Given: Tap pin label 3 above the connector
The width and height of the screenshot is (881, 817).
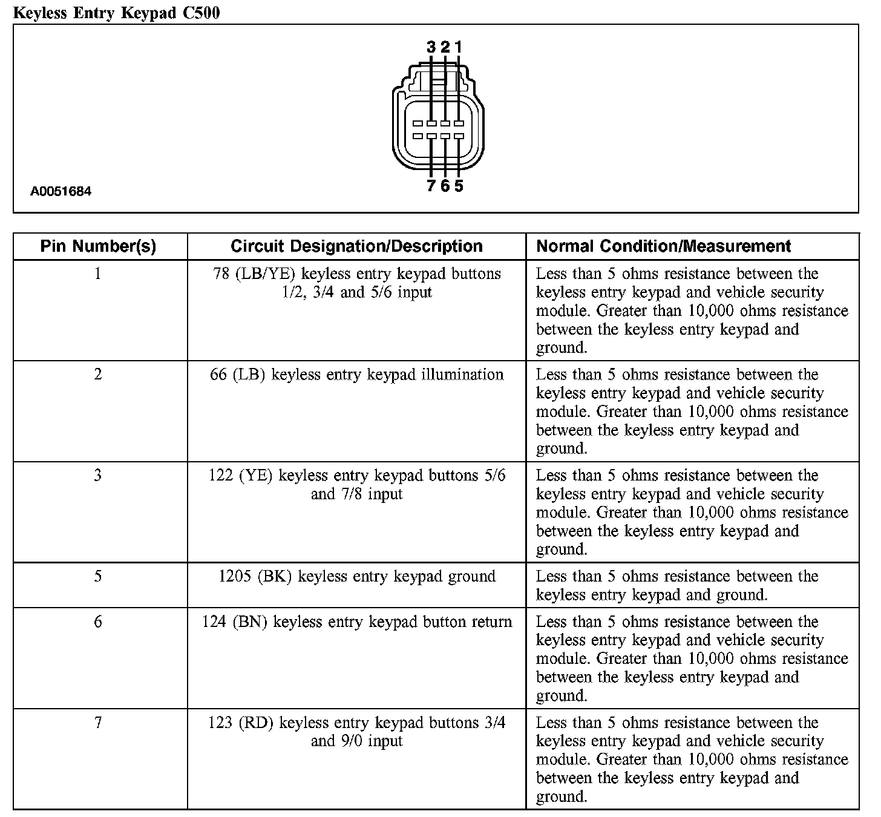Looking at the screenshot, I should pyautogui.click(x=431, y=47).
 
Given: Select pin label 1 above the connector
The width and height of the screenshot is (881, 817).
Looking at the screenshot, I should pyautogui.click(x=459, y=47).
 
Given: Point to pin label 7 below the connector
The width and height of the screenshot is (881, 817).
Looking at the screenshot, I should pyautogui.click(x=431, y=186).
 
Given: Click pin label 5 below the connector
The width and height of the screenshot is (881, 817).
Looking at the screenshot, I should pyautogui.click(x=459, y=186).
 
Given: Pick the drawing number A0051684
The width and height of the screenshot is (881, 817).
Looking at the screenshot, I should pyautogui.click(x=61, y=192).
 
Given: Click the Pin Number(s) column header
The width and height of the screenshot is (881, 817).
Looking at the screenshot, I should pyautogui.click(x=98, y=246).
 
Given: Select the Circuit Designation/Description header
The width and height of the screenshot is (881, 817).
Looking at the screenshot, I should pyautogui.click(x=356, y=246).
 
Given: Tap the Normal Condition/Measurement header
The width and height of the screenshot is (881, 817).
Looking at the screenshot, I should pyautogui.click(x=663, y=246).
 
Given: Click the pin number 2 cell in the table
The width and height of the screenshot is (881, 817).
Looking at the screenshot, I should pyautogui.click(x=98, y=375).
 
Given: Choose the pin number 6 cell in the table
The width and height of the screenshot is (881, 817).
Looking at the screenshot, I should pyautogui.click(x=98, y=622).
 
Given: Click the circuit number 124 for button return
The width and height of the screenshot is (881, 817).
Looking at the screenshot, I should pyautogui.click(x=214, y=622).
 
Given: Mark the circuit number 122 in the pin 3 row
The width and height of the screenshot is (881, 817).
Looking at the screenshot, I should pyautogui.click(x=221, y=476).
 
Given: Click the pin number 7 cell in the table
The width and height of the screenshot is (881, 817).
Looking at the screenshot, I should pyautogui.click(x=98, y=723).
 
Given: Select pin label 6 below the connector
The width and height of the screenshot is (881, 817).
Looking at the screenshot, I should pyautogui.click(x=445, y=186).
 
